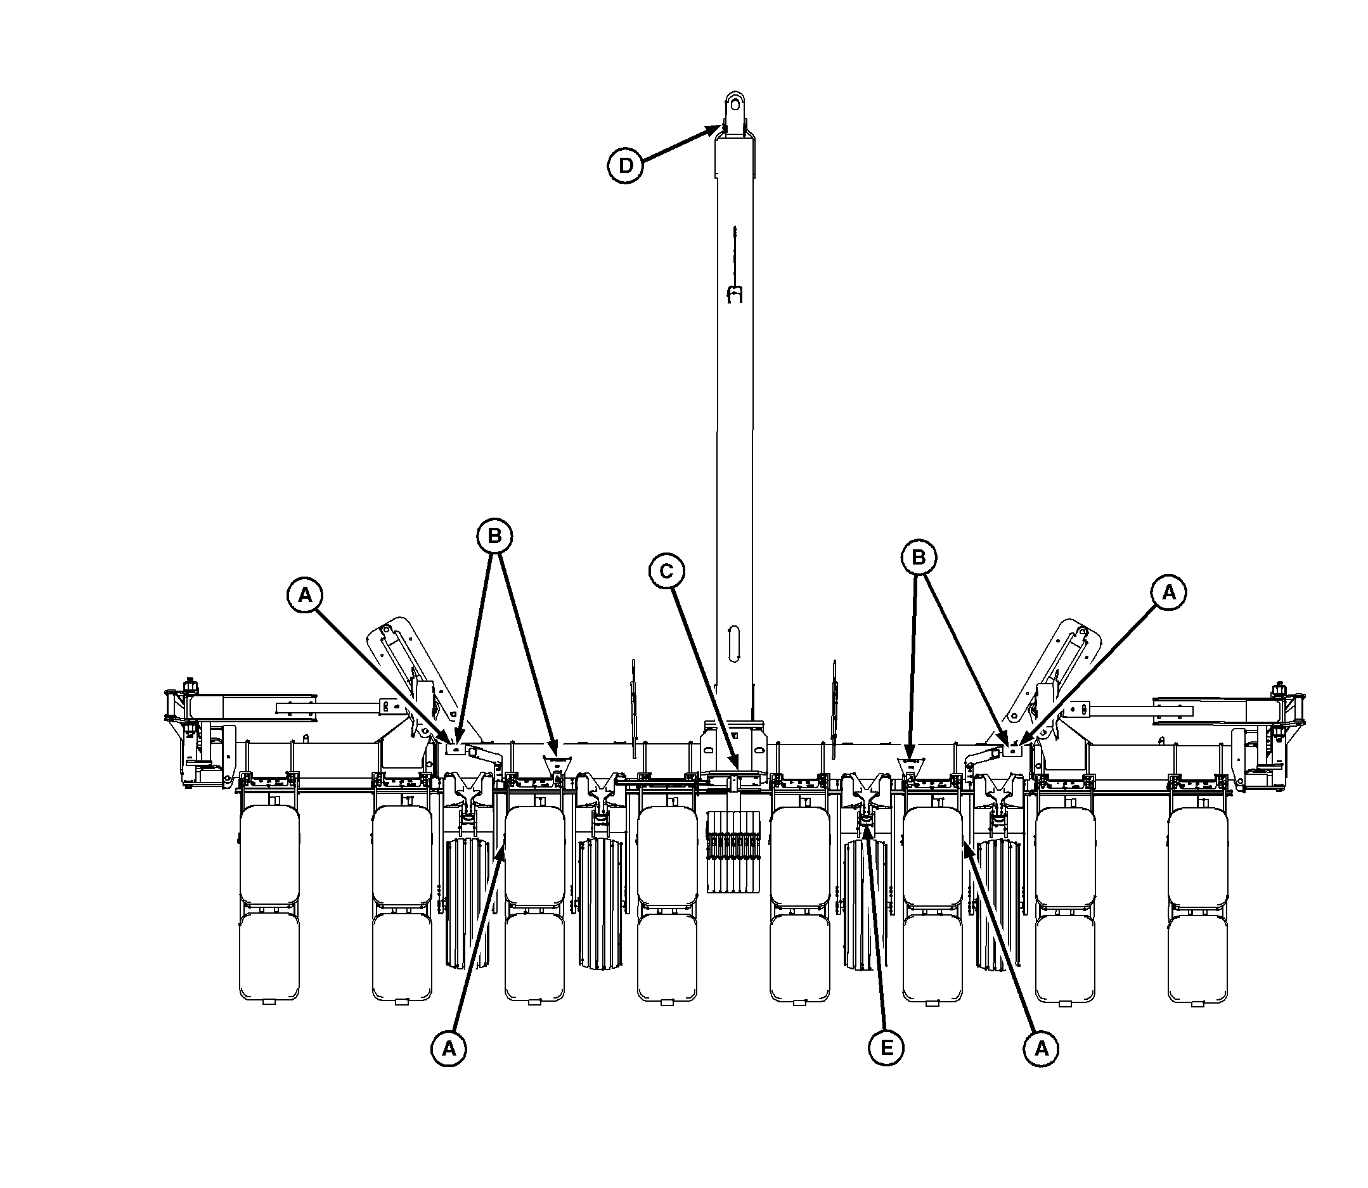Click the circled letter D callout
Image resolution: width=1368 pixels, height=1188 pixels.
(625, 166)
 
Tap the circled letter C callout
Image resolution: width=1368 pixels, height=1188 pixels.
(666, 572)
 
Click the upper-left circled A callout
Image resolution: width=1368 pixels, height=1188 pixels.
(304, 595)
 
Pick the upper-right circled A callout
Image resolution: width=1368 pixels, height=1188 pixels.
(1168, 592)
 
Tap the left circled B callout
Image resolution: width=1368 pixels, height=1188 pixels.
(494, 536)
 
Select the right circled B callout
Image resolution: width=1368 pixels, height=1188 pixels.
(919, 558)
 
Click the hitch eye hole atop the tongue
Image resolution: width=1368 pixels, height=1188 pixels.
(733, 104)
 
